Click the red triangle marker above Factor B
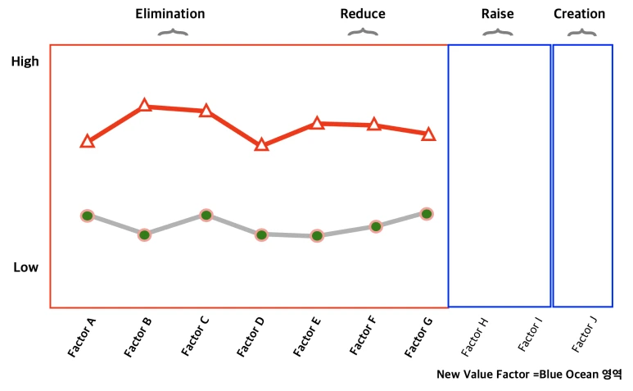pyautogui.click(x=145, y=105)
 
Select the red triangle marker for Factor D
pyautogui.click(x=261, y=145)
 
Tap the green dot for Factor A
pyautogui.click(x=87, y=215)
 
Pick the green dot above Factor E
pyautogui.click(x=317, y=236)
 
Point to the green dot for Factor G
pyautogui.click(x=427, y=213)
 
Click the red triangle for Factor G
pyautogui.click(x=428, y=134)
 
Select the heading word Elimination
pyautogui.click(x=170, y=14)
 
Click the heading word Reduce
pyautogui.click(x=363, y=14)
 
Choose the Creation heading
pyautogui.click(x=580, y=14)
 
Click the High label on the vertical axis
pyautogui.click(x=25, y=61)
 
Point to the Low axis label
pyautogui.click(x=25, y=267)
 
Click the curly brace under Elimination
pyautogui.click(x=172, y=33)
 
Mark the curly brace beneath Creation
pyautogui.click(x=582, y=33)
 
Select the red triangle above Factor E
pyautogui.click(x=317, y=123)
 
